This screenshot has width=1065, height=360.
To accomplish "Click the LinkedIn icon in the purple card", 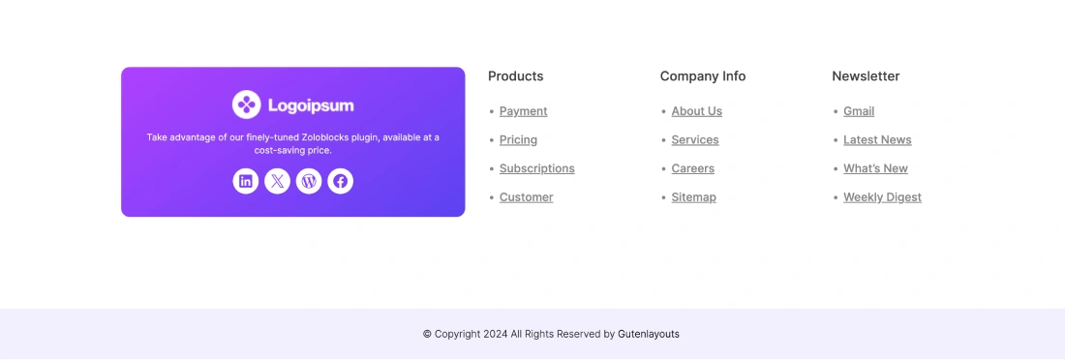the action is coord(246,181).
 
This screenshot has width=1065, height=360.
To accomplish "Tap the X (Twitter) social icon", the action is coord(277,181).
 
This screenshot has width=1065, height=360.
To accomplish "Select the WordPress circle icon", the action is coord(309,181).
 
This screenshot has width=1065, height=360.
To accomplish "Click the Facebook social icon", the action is coord(340,181).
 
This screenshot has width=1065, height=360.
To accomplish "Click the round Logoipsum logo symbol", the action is coord(247,105).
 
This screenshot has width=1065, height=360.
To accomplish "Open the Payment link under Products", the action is coord(524,111).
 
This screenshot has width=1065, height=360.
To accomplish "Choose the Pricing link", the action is coord(518,140).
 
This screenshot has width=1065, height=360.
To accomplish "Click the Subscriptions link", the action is coord(537,168).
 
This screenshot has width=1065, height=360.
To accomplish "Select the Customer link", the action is coord(527,197).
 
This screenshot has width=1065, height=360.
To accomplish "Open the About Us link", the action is coord(697,111).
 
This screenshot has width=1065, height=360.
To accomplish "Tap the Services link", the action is coord(695,140).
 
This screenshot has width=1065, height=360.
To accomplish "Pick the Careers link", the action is coord(693,168).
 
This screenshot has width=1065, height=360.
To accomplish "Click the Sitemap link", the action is coord(693,197).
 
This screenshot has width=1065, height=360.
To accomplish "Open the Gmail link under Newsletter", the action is coord(859,111).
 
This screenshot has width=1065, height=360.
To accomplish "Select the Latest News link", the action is coord(877,140).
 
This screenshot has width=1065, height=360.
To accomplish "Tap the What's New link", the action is coord(875,168).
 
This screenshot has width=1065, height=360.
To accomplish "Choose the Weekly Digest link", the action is coord(882,197).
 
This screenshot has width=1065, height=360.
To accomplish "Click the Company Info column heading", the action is coord(703,76).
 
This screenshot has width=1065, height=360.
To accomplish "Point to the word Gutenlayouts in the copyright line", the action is coord(649,334).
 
